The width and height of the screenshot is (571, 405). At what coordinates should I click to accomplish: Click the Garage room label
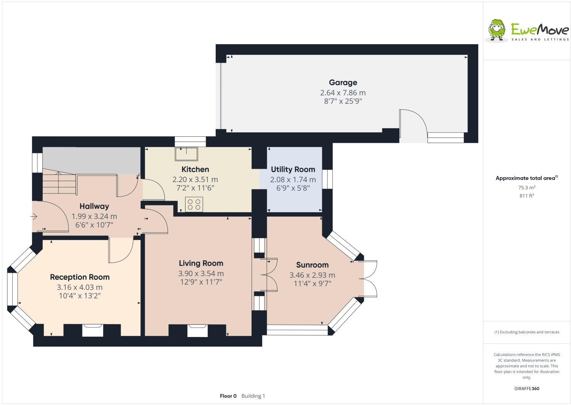coord(343,82)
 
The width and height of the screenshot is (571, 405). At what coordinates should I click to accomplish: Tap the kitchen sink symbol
coord(186,153)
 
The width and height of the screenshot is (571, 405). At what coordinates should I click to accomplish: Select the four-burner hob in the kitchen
coord(194,204)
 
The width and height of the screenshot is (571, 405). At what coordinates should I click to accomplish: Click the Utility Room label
coord(293,169)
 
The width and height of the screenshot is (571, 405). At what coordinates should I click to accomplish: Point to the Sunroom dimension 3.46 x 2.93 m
coord(312,275)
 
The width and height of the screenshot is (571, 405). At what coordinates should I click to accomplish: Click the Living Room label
coord(201,263)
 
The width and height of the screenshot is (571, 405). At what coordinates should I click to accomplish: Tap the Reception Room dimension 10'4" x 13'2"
coord(79,296)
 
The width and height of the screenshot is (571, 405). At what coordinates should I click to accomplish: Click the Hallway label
coord(94,207)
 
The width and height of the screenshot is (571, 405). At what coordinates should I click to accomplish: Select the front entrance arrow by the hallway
coord(34,217)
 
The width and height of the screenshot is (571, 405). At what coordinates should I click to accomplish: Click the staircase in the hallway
coord(59,182)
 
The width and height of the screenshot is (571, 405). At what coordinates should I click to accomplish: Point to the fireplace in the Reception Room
coord(93,330)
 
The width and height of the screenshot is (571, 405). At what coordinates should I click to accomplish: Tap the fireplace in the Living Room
coord(197,330)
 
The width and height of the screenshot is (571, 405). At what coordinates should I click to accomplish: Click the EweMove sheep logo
coord(497,30)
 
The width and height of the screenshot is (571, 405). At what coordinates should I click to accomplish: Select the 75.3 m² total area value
coord(526,188)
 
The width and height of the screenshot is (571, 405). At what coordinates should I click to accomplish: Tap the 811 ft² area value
coord(526,196)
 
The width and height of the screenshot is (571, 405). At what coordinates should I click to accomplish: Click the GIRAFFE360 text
coord(526,389)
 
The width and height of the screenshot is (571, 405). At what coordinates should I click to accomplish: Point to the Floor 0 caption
coord(228,396)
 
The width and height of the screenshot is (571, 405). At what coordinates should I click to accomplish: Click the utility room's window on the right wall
coord(327,179)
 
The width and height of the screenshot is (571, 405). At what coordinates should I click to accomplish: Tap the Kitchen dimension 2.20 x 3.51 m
coord(195,179)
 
